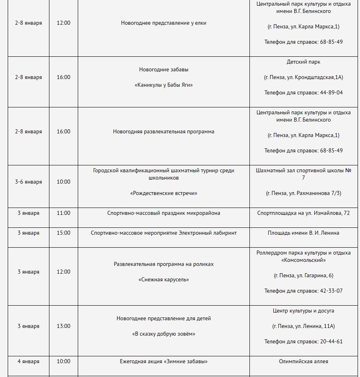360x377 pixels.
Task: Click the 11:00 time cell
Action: coord(63,213)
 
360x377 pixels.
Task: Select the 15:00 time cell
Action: coord(63,233)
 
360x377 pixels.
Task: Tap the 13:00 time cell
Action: coord(63,326)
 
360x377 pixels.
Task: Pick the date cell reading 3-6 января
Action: coord(28,182)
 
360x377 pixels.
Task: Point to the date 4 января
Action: coord(28,361)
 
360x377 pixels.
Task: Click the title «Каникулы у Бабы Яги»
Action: coord(164,85)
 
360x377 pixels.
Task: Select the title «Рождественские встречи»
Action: coord(164,193)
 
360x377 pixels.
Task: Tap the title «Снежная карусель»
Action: coord(164,279)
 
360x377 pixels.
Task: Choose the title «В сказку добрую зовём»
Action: coord(164,334)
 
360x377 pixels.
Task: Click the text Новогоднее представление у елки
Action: coord(164,23)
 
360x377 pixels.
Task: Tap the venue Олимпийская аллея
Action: coord(303,361)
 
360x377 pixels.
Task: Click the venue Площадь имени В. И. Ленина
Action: coord(303,233)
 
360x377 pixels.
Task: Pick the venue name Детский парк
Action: coord(303,62)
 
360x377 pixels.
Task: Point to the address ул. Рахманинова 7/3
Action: coord(314,193)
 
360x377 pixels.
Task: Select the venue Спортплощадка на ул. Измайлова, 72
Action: coord(303,213)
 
